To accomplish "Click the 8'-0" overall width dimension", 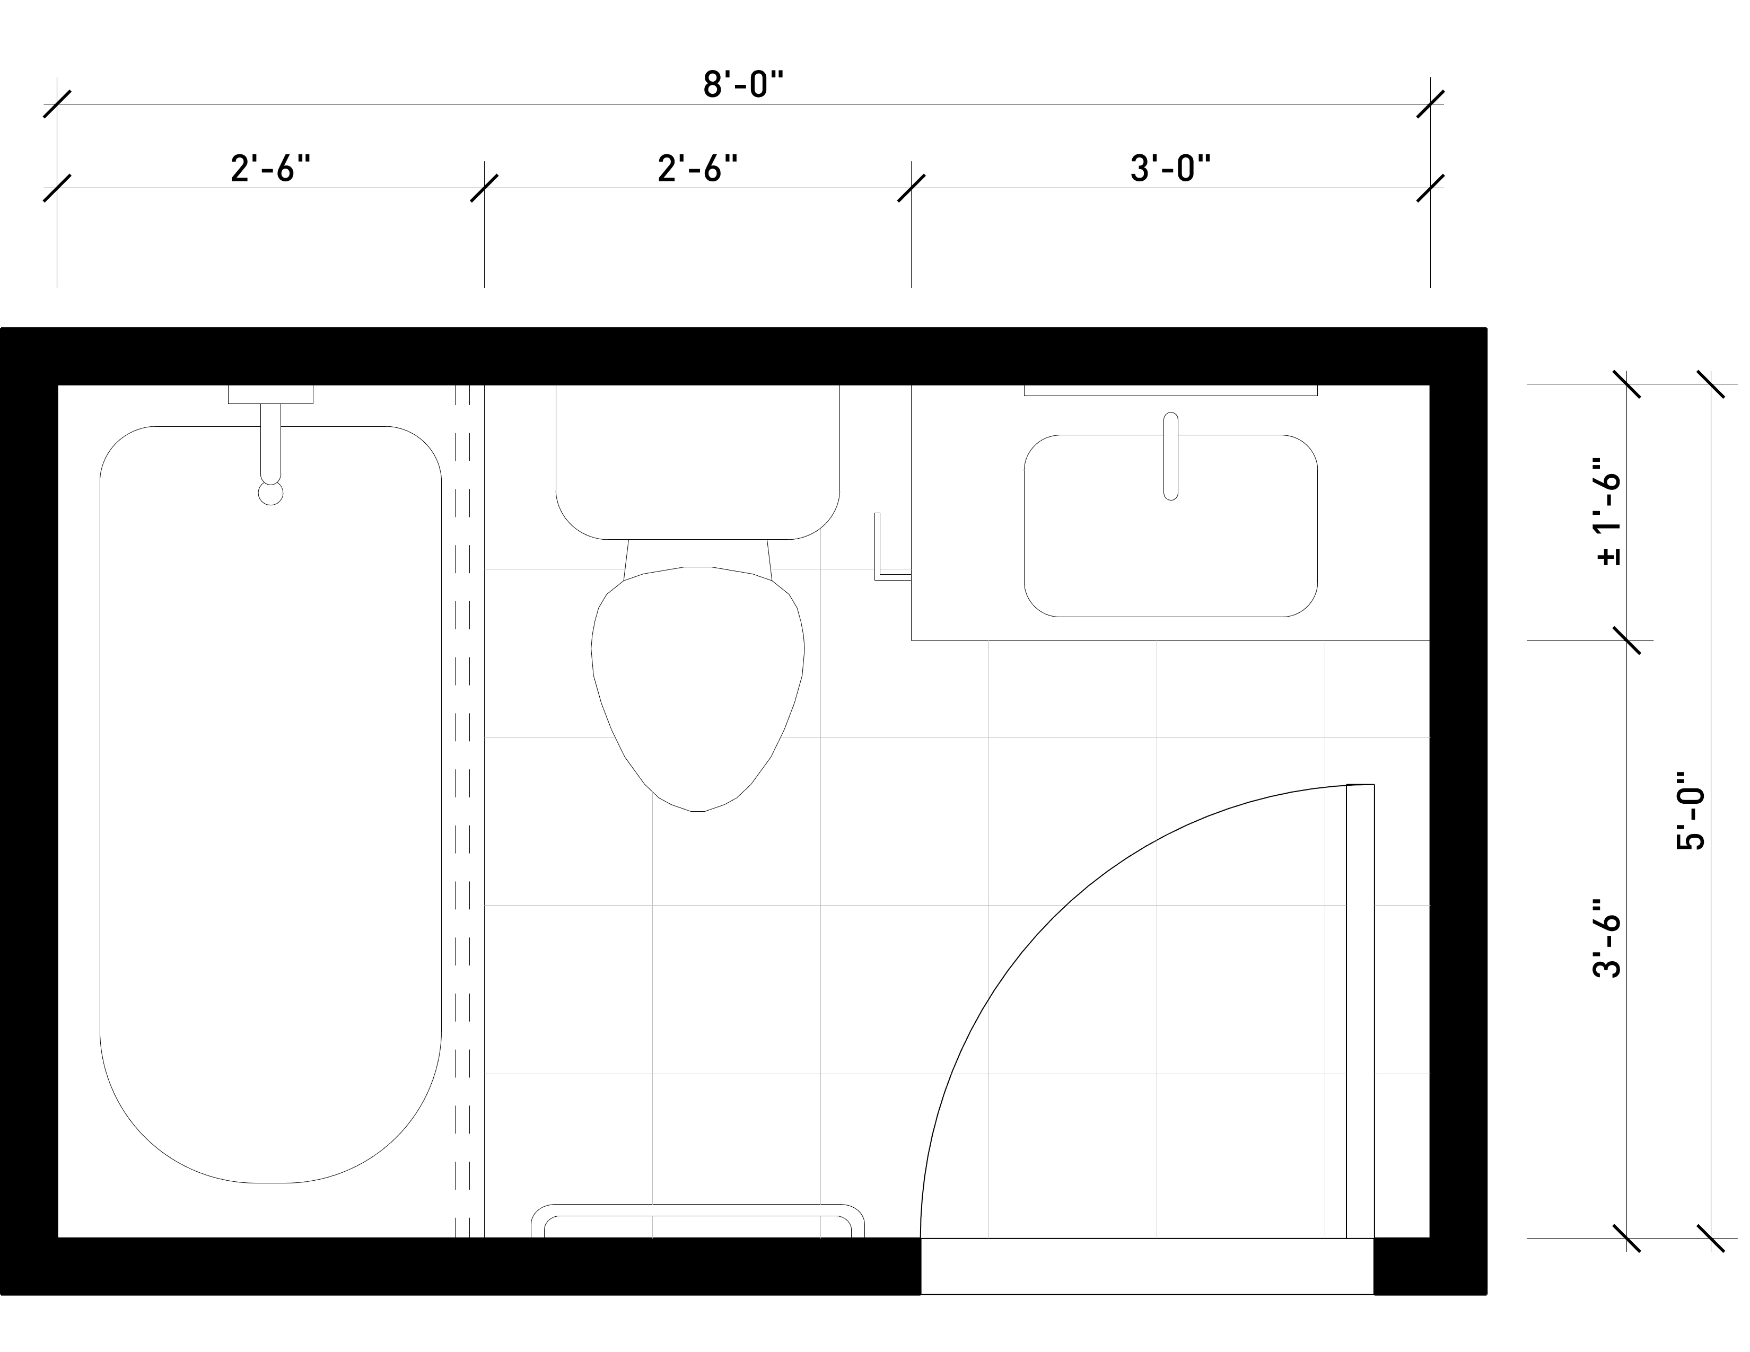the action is click(x=743, y=85).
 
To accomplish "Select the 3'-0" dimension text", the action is click(x=1170, y=169).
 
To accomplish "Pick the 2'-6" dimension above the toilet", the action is click(x=697, y=169).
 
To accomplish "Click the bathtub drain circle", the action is click(x=271, y=494).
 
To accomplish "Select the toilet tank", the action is click(x=698, y=462).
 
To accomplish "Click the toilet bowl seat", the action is click(x=698, y=689).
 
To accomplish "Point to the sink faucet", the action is click(x=1171, y=456).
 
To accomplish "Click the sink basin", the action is click(x=1171, y=525).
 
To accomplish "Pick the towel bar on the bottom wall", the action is click(x=698, y=1220).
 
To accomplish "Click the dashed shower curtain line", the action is click(x=462, y=811).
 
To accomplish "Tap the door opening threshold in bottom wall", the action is click(x=1148, y=1266).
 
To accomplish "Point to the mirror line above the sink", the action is click(x=1171, y=391).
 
